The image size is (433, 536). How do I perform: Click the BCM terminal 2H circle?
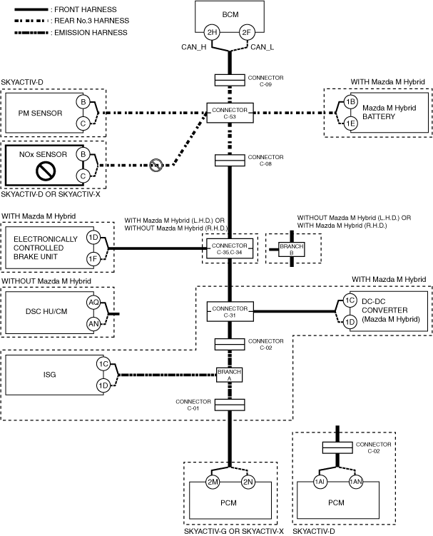point(212,33)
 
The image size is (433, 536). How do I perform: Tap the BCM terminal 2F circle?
point(246,33)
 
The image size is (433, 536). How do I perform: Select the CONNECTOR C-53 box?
point(230,113)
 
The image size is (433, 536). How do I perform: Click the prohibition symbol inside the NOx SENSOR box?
point(46,171)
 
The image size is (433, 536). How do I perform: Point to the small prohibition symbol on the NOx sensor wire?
point(156,165)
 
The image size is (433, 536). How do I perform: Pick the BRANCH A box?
point(229,375)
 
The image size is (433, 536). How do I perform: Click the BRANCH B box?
point(292,249)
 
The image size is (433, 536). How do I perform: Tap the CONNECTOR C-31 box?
point(230,311)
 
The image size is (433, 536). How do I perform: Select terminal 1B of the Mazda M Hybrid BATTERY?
point(350,102)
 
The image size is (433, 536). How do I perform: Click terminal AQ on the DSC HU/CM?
point(93,302)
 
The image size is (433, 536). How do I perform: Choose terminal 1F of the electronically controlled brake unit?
point(93,259)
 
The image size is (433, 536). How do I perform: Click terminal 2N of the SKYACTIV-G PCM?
point(248,482)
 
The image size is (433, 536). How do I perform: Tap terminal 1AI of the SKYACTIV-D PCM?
point(320,482)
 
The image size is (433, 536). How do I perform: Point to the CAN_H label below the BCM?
point(194,47)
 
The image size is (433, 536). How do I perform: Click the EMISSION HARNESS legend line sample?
point(31,33)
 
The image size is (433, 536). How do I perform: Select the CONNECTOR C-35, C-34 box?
point(230,249)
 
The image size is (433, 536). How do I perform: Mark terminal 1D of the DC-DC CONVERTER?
point(350,322)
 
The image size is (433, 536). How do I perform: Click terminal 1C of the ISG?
point(103,364)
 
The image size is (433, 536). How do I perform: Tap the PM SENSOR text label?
point(41,113)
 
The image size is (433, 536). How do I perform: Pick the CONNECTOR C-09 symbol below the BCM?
point(230,81)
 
